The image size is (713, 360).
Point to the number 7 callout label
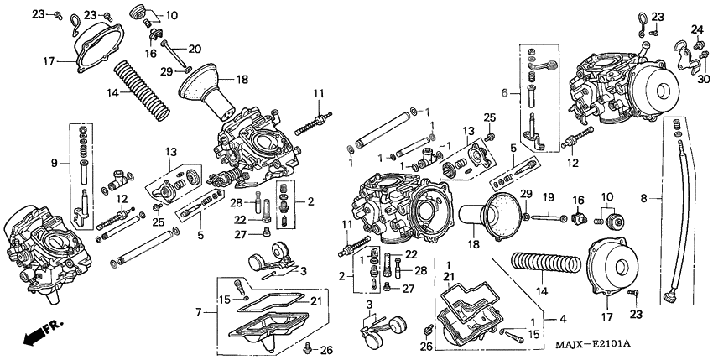click(x=198, y=312)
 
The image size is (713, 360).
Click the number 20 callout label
click(x=194, y=48)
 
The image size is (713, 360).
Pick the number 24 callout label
click(x=695, y=30)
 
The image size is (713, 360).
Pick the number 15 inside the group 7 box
click(x=225, y=300)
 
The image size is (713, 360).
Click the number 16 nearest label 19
click(x=578, y=199)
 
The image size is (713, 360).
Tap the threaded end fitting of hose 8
click(x=669, y=297)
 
